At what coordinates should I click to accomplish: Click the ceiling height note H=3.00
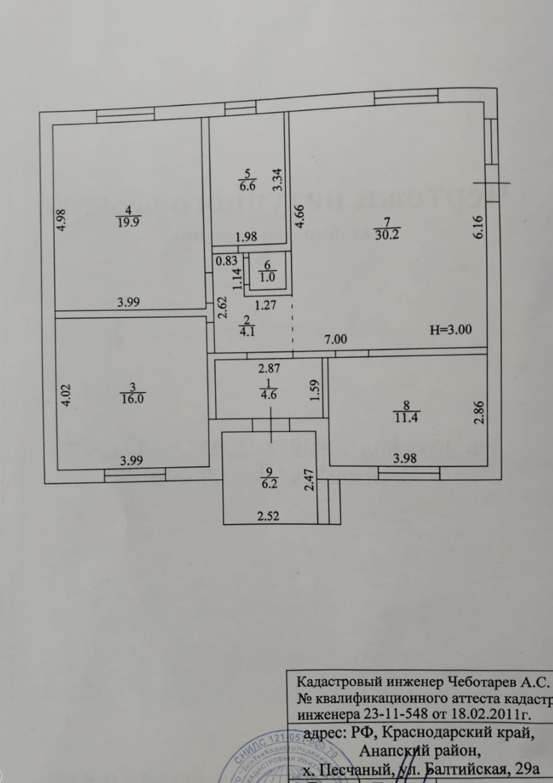451,330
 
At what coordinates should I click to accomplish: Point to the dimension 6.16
480,227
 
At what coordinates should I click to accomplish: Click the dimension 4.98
61,220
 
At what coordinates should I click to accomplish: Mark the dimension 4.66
298,216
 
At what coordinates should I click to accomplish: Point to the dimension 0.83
226,260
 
